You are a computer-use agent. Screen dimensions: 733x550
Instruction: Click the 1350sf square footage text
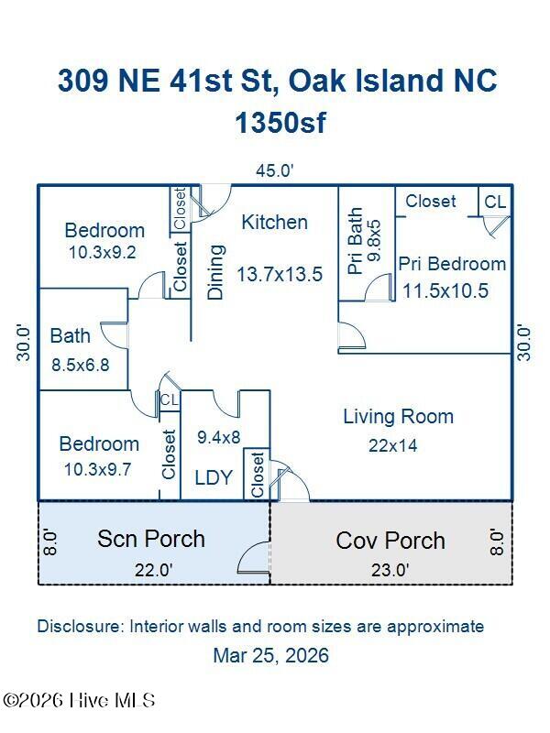[280, 123]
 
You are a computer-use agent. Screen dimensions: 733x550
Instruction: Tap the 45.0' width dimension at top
[274, 170]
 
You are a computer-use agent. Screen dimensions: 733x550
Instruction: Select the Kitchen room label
[274, 222]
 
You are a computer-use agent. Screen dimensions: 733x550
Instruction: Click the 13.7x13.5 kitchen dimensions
[279, 274]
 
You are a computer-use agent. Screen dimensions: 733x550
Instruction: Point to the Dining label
[216, 271]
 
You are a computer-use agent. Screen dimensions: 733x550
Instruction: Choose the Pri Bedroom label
[452, 264]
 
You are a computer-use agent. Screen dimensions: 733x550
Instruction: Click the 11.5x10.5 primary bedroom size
[445, 291]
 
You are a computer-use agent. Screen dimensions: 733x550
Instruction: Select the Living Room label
[398, 417]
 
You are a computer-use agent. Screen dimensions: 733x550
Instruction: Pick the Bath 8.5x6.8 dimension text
[80, 365]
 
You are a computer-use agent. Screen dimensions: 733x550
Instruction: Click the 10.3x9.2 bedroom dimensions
[102, 252]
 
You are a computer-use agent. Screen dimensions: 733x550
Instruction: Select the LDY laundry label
[214, 477]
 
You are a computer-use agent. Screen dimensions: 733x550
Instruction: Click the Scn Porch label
[151, 539]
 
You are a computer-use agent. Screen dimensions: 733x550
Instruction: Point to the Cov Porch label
[390, 541]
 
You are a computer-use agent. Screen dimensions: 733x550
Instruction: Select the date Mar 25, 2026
[270, 656]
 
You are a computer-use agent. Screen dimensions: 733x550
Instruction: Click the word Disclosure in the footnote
[79, 627]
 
